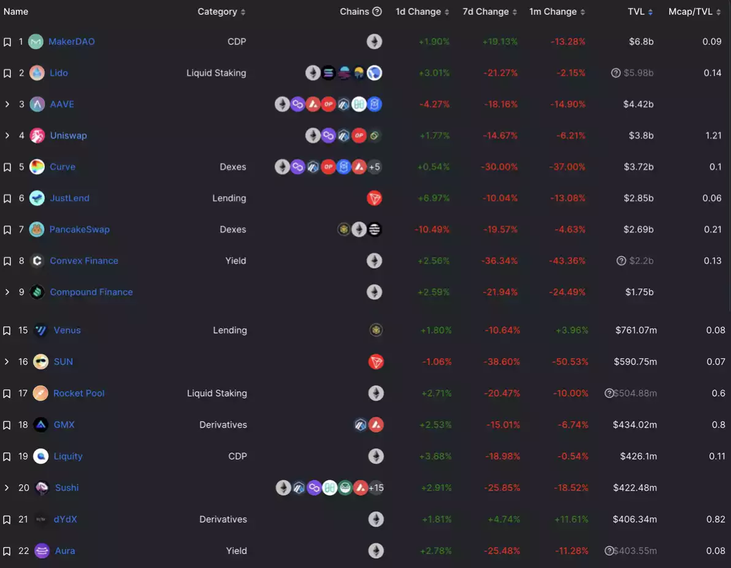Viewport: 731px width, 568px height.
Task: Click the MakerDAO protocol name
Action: tap(72, 42)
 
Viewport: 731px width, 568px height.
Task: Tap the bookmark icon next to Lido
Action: tap(7, 73)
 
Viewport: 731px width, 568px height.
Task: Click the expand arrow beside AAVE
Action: tap(7, 104)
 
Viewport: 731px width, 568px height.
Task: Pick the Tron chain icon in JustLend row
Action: tap(374, 198)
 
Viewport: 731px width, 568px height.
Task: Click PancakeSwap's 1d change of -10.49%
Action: tap(432, 229)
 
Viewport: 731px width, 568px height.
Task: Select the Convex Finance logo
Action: tap(37, 261)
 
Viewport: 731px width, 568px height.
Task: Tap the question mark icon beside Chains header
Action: tap(377, 12)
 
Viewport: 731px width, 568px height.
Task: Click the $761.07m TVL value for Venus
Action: tap(636, 330)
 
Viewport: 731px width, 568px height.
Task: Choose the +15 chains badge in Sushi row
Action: tap(376, 488)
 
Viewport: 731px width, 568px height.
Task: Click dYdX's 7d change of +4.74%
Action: tap(503, 519)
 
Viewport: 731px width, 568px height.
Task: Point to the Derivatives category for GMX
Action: tap(223, 424)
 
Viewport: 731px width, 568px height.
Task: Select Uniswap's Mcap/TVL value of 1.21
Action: tap(713, 136)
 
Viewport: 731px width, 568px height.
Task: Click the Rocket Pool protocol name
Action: tap(78, 393)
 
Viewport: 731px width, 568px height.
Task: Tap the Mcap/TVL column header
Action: tap(691, 12)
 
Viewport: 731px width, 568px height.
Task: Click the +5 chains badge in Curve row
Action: tap(374, 167)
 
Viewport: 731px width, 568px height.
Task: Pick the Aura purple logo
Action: tap(42, 551)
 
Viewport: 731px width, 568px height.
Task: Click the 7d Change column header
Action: tap(485, 12)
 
